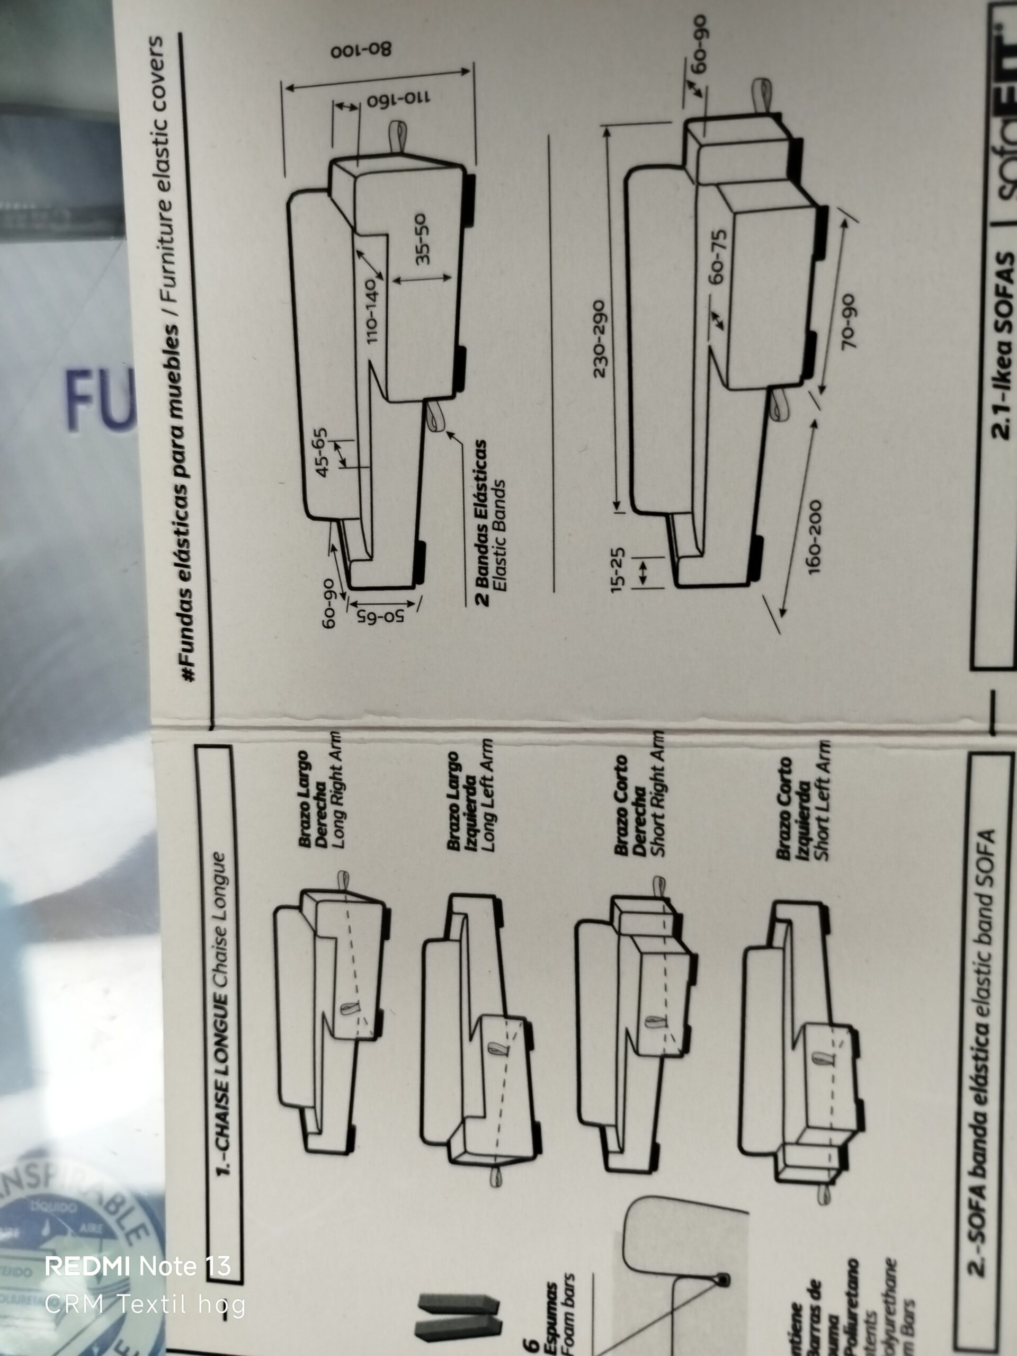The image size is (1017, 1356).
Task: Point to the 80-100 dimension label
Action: coord(361,50)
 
